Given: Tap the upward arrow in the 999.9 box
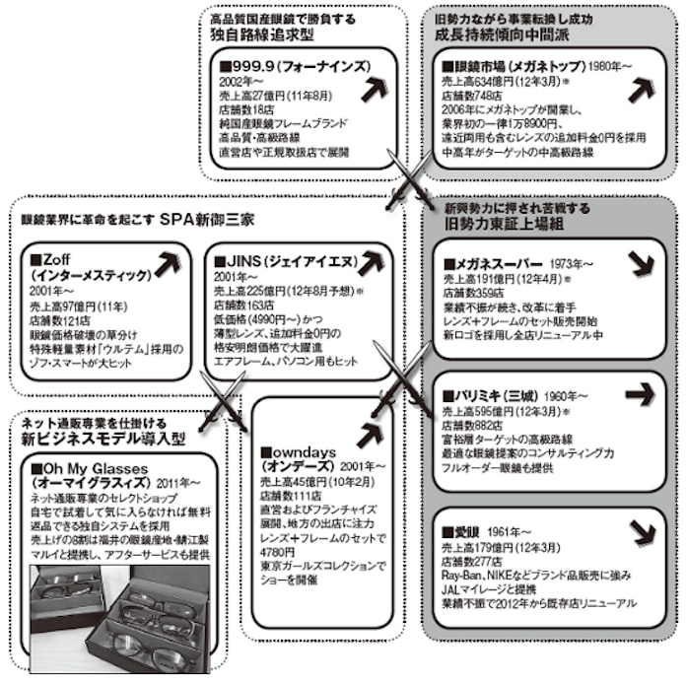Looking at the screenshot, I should [374, 87].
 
